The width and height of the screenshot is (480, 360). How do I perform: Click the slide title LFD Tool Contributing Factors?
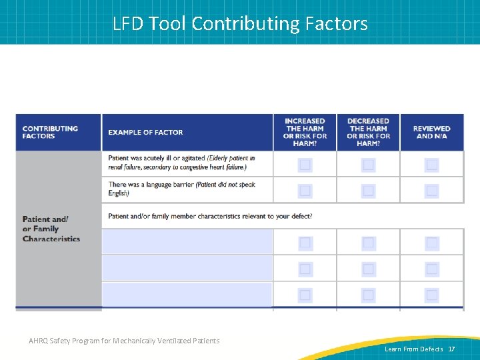240,24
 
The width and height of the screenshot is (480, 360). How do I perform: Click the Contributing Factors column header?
50,132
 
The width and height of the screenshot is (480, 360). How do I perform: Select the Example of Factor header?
145,132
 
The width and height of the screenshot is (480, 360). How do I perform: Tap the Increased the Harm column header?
305,132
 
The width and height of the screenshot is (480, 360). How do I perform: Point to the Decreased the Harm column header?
368,132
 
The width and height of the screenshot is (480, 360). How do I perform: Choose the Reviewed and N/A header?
431,132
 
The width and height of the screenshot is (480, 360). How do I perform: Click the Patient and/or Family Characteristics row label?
51,229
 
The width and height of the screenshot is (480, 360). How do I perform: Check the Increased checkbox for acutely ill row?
305,165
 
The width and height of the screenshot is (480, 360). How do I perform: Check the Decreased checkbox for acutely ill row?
368,165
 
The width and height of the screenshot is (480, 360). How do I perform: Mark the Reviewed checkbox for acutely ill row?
432,165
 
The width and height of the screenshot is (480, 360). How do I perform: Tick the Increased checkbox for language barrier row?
305,191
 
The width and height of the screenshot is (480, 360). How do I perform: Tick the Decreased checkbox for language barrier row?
368,191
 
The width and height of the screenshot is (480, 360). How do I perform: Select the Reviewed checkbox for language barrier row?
432,191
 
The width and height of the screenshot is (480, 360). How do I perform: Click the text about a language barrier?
181,189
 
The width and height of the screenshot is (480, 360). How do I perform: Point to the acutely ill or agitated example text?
181,163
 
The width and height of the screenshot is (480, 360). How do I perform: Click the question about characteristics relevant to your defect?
210,216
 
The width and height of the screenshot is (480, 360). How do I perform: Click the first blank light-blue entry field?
187,242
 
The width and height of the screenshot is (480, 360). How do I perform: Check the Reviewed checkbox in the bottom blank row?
432,295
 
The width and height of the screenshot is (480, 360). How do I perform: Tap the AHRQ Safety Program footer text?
124,341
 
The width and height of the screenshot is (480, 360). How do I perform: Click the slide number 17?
451,349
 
